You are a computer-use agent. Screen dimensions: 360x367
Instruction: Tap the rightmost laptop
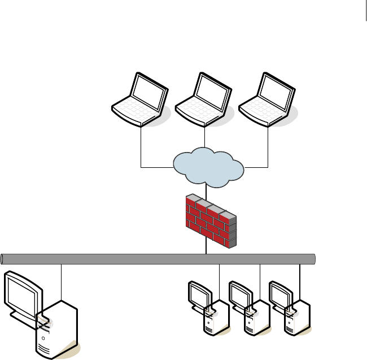point(268,100)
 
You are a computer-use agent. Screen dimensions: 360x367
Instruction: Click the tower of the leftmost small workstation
point(216,319)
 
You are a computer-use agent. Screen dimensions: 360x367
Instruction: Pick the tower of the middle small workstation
point(257,319)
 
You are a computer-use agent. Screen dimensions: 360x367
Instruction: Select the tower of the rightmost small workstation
point(298,319)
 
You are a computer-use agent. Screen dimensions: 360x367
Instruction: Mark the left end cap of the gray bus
point(4,259)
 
